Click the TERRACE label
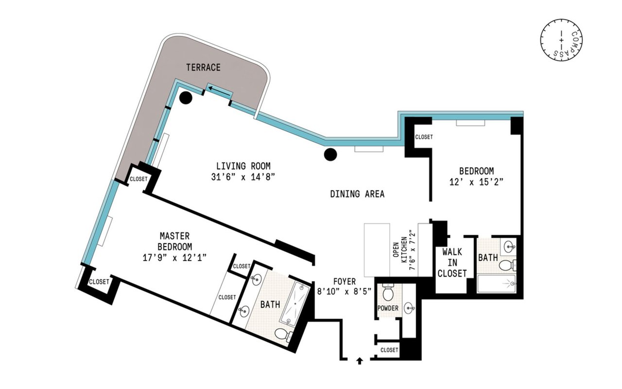click(x=203, y=68)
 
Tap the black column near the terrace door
click(x=186, y=98)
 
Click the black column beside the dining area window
click(x=330, y=155)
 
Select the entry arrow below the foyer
click(x=360, y=361)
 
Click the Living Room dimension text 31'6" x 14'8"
click(x=243, y=177)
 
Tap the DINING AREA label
click(x=357, y=194)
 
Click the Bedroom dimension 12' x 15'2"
click(x=477, y=182)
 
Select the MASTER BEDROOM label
click(x=174, y=241)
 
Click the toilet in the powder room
click(x=388, y=292)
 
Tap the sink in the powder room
click(x=409, y=308)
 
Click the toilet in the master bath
click(x=283, y=334)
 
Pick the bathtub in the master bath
click(x=294, y=303)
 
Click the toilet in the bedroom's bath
click(x=508, y=265)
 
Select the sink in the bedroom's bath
click(x=509, y=246)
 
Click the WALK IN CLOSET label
click(x=452, y=263)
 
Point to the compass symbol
click(x=561, y=40)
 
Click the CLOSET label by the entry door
click(x=389, y=350)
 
